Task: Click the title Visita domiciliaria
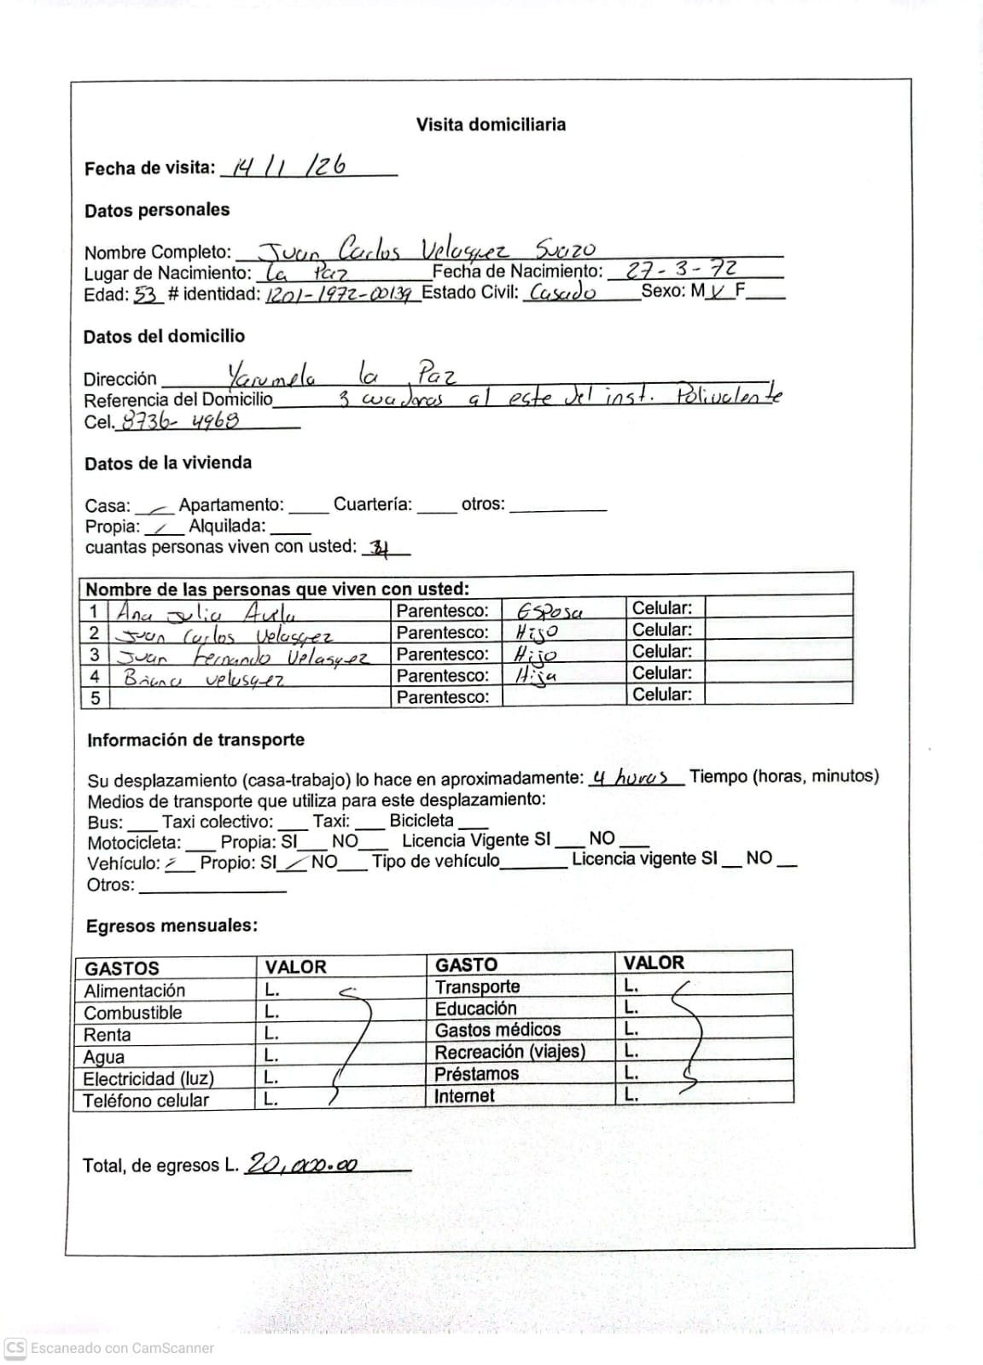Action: pos(491,125)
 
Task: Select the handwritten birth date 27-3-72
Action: pos(682,270)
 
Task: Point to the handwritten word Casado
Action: pos(562,293)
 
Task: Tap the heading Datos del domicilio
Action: pos(164,336)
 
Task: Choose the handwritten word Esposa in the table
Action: pos(550,612)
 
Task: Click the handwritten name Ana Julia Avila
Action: pos(206,613)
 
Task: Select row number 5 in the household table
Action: pos(95,697)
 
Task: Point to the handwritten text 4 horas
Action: pos(631,777)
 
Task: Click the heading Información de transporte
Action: pos(195,740)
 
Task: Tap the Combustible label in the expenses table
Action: pos(133,1013)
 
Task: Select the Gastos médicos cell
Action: pos(497,1030)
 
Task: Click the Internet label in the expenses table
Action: pos(464,1095)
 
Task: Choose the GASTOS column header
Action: pos(122,968)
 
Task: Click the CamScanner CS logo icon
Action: pos(15,1348)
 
